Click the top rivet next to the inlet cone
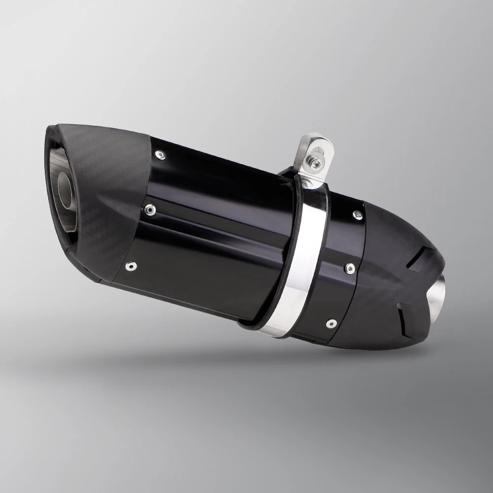tap(356, 214)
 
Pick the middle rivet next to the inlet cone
tap(350, 268)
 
